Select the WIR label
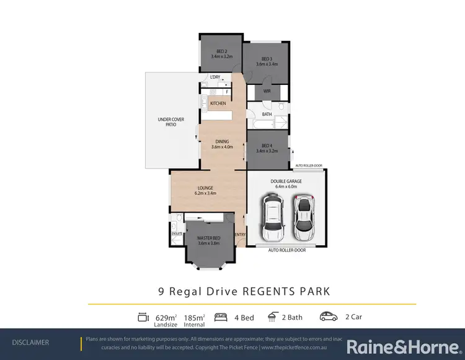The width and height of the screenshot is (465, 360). (267, 92)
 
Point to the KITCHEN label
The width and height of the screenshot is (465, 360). (218, 103)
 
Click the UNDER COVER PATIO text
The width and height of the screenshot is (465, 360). (167, 122)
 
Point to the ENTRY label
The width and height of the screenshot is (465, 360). (240, 234)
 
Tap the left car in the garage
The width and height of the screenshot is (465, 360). (272, 217)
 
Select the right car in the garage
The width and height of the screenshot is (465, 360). (303, 214)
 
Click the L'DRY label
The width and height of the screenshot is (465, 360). (215, 77)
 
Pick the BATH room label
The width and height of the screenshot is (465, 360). (267, 115)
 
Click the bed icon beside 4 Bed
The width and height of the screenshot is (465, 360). (219, 317)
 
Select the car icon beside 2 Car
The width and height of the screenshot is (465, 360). (328, 317)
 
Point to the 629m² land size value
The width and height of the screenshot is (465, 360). (166, 317)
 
